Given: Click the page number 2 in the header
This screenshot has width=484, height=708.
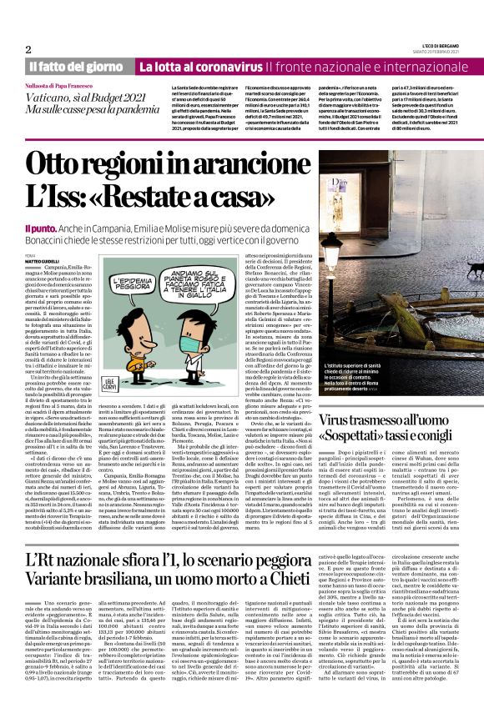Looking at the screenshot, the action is tap(28, 49).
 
